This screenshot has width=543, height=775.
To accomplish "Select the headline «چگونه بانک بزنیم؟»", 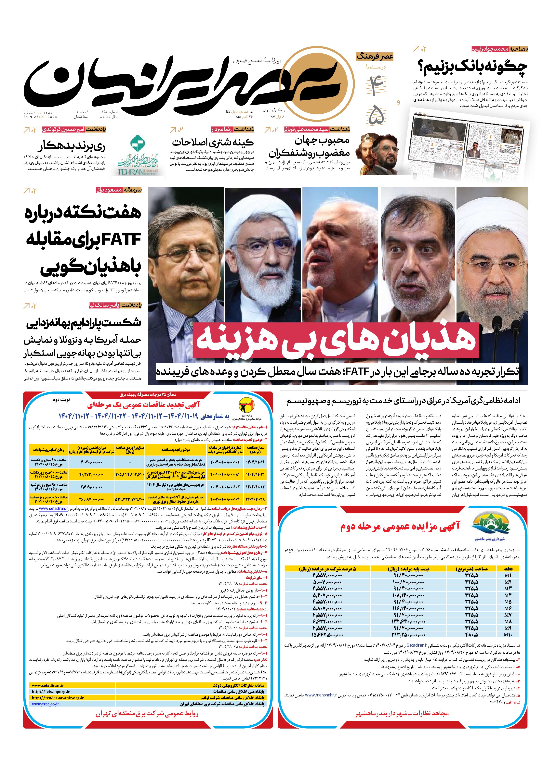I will pos(472,67).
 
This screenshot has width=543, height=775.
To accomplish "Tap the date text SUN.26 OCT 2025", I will pos(41,117).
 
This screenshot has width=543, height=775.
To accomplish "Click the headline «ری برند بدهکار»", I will pos(72,146).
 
